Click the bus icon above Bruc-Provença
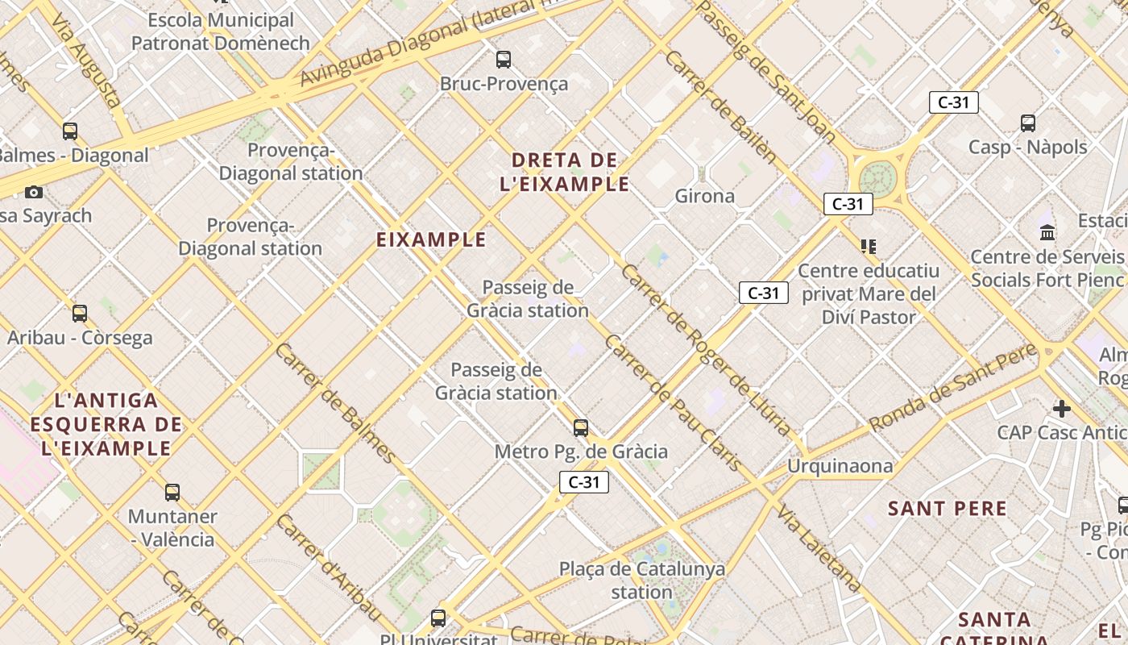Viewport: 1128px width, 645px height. click(504, 59)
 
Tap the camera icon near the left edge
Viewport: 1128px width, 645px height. click(33, 192)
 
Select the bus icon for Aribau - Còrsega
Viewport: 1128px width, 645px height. click(79, 314)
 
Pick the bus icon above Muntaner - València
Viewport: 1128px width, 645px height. click(172, 492)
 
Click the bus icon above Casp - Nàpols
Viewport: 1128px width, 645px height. click(1028, 123)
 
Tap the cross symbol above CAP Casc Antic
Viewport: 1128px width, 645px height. click(1061, 408)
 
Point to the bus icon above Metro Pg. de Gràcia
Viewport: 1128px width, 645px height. click(580, 427)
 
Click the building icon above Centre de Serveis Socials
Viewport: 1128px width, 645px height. click(1047, 233)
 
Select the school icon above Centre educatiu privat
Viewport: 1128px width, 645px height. click(868, 246)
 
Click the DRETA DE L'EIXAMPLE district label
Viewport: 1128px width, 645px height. click(564, 172)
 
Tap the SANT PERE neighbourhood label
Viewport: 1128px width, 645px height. click(947, 509)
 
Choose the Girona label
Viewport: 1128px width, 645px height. click(705, 196)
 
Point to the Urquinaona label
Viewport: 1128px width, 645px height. click(840, 466)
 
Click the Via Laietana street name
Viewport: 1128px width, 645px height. click(819, 547)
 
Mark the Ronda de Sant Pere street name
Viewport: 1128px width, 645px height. click(953, 387)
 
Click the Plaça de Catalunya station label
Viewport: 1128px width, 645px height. click(641, 580)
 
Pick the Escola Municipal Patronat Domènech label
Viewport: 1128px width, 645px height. click(221, 31)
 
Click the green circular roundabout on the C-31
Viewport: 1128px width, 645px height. click(878, 178)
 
